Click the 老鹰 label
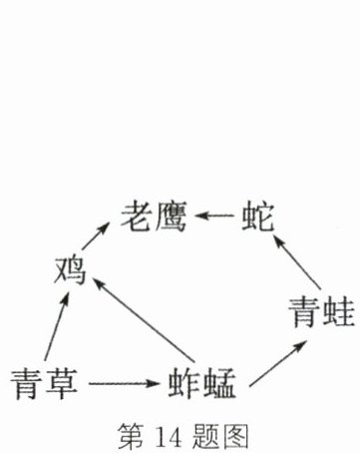coord(154,216)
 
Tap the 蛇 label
coord(258,217)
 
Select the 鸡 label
coord(70,270)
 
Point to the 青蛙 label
coord(321,312)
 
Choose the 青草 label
coord(44,383)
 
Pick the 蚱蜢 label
coord(202,383)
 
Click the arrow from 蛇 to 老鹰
coord(214,216)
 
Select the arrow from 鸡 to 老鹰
coord(96,235)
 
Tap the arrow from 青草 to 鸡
coord(57,326)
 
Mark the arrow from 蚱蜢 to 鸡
coord(144,320)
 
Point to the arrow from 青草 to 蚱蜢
coord(125,383)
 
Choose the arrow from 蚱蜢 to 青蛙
coord(277,364)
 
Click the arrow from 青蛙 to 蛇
coord(296,261)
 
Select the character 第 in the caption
coord(132,436)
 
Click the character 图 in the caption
coord(235,436)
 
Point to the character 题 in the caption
coord(205,436)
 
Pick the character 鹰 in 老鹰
coord(171,216)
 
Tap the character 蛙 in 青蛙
coord(338,312)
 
